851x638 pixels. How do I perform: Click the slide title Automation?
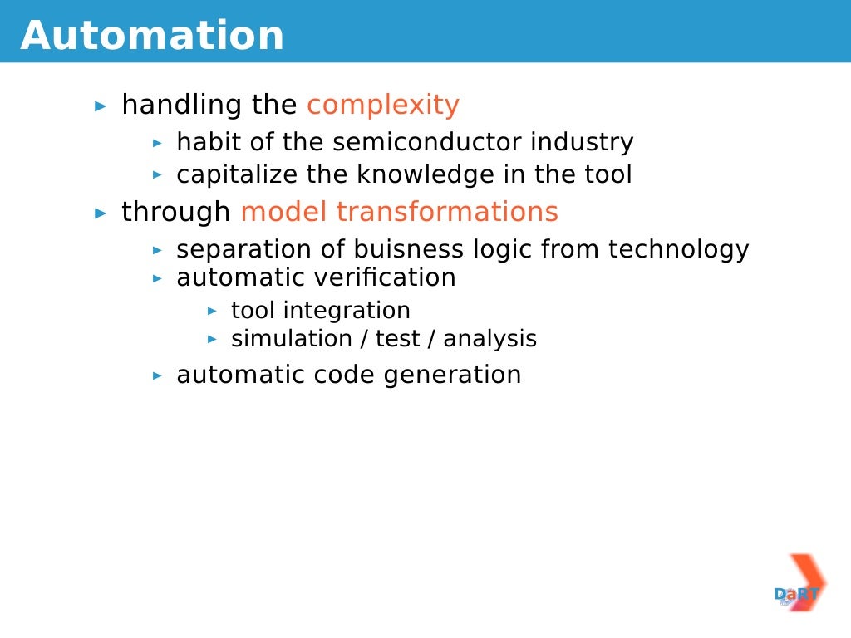[152, 36]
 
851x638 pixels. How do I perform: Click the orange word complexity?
[382, 105]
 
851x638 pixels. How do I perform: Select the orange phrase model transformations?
[399, 212]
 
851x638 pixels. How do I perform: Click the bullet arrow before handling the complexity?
[101, 106]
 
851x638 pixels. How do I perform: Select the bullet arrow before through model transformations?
[101, 213]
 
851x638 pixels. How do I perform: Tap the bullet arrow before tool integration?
[212, 311]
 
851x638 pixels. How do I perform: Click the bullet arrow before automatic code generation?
[157, 375]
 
